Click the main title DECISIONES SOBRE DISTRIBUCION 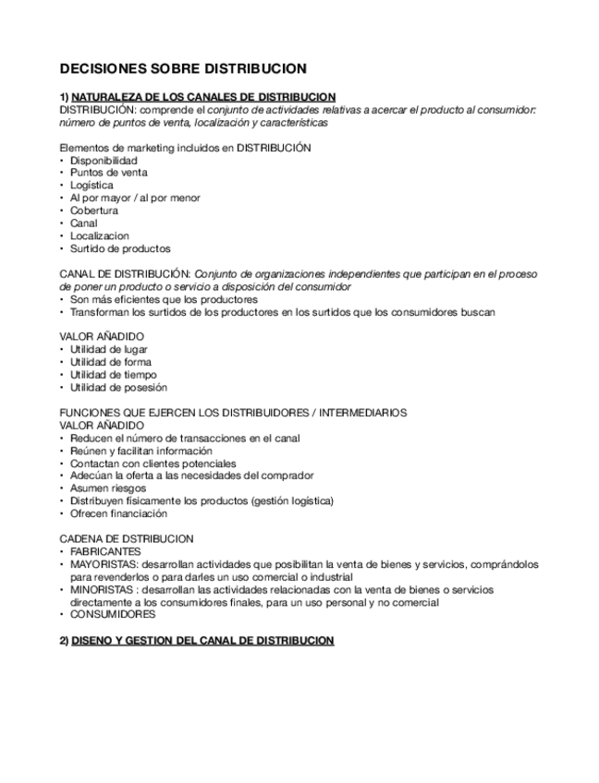183,68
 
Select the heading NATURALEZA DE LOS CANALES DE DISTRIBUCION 202,96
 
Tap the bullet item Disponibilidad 104,160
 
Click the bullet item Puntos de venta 108,173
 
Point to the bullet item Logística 92,185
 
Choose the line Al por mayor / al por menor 135,198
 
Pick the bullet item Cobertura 93,211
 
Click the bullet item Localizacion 99,235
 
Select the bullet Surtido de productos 120,248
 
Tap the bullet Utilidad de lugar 109,350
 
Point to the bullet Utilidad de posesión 118,388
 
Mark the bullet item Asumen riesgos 106,488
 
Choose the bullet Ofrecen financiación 118,513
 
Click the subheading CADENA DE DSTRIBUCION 127,538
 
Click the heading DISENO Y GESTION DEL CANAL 202,640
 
